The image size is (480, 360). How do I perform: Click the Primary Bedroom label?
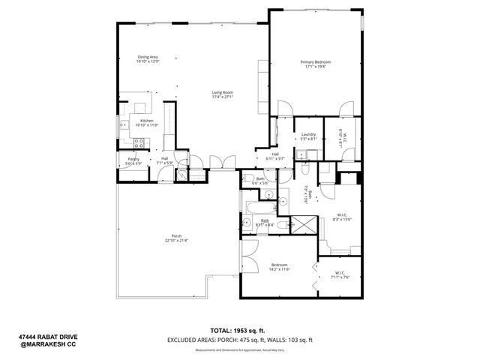(316, 62)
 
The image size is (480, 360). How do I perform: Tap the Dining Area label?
(148, 57)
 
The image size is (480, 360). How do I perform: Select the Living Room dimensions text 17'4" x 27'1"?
(223, 97)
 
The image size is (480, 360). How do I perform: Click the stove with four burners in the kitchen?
(138, 142)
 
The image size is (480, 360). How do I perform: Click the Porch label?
(177, 237)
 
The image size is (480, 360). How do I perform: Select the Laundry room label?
(308, 134)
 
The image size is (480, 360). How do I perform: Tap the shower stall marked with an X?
(303, 224)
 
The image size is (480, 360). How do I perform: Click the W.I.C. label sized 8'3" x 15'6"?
(341, 215)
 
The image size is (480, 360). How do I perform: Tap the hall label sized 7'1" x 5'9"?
(164, 159)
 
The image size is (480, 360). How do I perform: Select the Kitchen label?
(147, 121)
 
